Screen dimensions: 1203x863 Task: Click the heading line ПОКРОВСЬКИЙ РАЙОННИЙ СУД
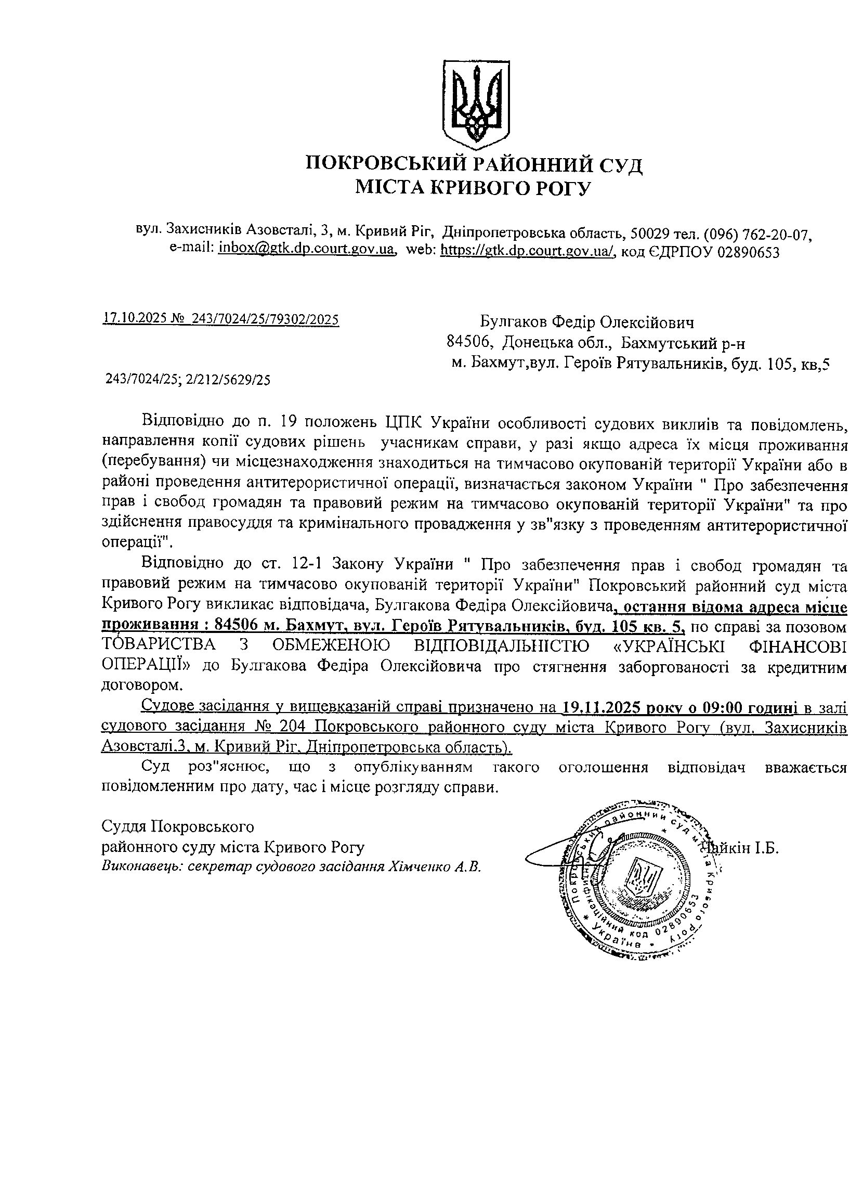(x=475, y=164)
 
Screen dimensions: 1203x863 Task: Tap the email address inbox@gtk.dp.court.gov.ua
(x=307, y=249)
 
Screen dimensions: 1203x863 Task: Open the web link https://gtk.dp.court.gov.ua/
(x=528, y=249)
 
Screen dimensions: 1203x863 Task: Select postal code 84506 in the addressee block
(x=466, y=343)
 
